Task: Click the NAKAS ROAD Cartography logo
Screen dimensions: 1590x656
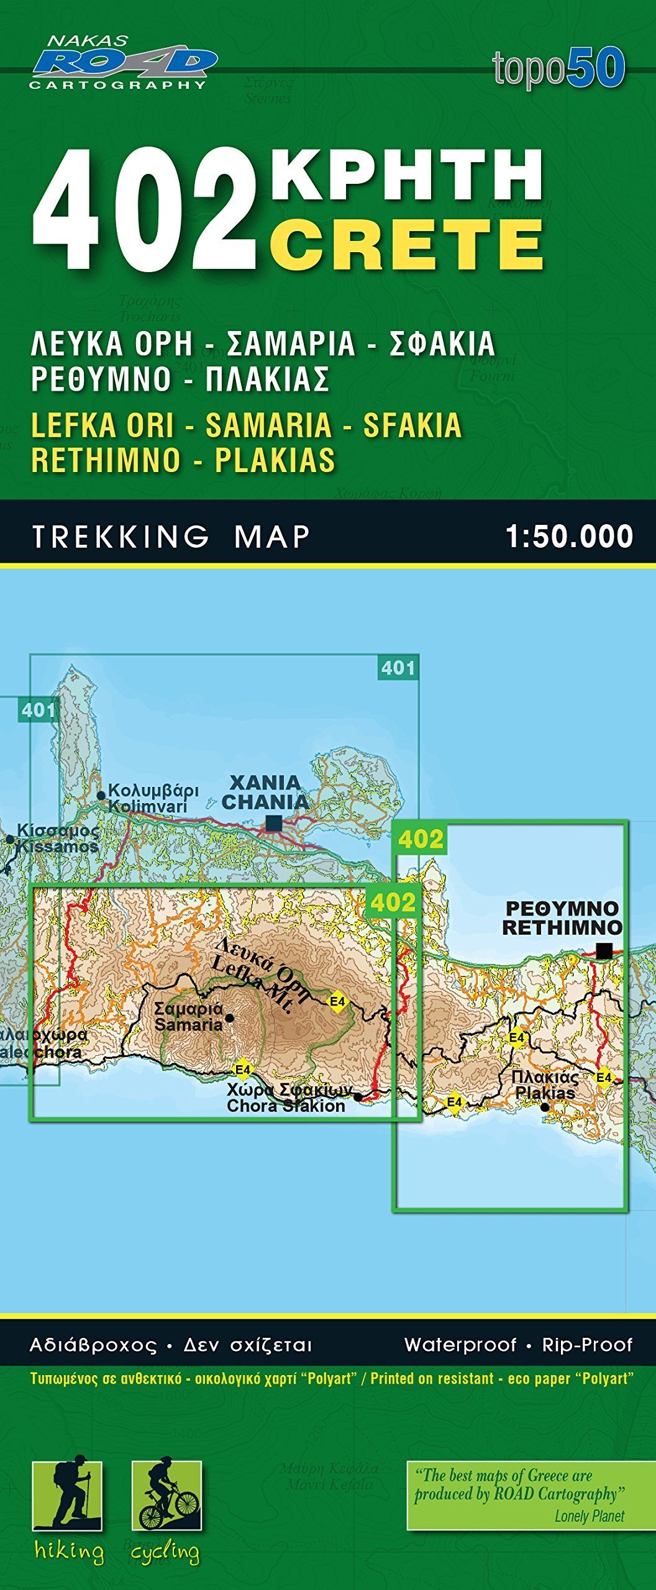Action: (123, 62)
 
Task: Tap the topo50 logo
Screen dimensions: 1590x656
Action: (558, 68)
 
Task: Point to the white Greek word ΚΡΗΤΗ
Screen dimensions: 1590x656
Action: (407, 175)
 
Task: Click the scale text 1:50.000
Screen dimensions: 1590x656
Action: (569, 537)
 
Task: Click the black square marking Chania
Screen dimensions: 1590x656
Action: (273, 824)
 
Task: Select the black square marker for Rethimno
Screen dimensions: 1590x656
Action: (604, 950)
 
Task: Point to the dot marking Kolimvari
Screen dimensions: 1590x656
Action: (101, 795)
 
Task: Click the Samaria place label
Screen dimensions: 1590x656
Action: (188, 1017)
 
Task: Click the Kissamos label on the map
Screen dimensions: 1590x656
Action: (57, 838)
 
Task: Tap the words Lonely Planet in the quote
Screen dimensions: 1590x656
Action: (589, 1516)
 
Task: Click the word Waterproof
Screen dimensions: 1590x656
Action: (460, 1345)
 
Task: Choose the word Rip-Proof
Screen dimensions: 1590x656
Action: (587, 1345)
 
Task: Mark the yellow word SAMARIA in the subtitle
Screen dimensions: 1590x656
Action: (268, 425)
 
